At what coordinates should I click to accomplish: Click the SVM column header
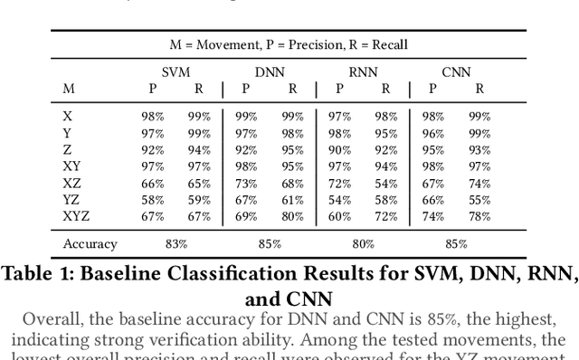click(x=176, y=71)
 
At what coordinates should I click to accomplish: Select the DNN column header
click(x=270, y=71)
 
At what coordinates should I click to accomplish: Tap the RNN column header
click(x=363, y=71)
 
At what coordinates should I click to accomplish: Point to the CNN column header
click(x=457, y=71)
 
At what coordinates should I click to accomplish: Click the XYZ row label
click(x=76, y=216)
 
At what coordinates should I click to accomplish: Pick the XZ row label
click(x=71, y=183)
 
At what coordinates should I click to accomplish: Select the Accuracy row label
click(x=90, y=243)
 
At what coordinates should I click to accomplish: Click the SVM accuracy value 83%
click(x=176, y=243)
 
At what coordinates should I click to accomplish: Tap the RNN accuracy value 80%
click(x=363, y=243)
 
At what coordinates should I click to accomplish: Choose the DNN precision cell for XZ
click(x=245, y=183)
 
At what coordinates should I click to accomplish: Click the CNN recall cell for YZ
click(x=479, y=199)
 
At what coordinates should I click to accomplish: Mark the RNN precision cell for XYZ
click(x=339, y=216)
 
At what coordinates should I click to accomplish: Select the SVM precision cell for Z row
click(x=152, y=149)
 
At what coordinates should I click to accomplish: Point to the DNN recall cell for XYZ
click(x=292, y=216)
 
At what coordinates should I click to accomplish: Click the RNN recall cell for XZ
click(x=386, y=183)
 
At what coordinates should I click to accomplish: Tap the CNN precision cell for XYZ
click(x=433, y=216)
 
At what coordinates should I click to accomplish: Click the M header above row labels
click(x=69, y=89)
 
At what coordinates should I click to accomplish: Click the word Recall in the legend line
click(x=387, y=43)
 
